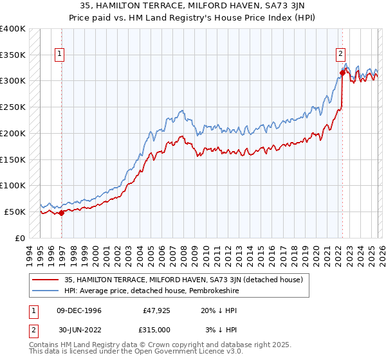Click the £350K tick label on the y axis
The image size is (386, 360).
(13, 55)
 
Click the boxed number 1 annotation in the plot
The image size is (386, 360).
(60, 55)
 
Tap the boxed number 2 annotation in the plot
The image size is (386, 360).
(340, 55)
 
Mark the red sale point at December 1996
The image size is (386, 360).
(61, 213)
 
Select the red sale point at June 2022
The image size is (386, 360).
(342, 73)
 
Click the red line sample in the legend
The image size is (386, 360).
(46, 279)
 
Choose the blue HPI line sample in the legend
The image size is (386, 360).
(46, 290)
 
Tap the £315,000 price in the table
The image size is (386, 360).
(156, 329)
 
